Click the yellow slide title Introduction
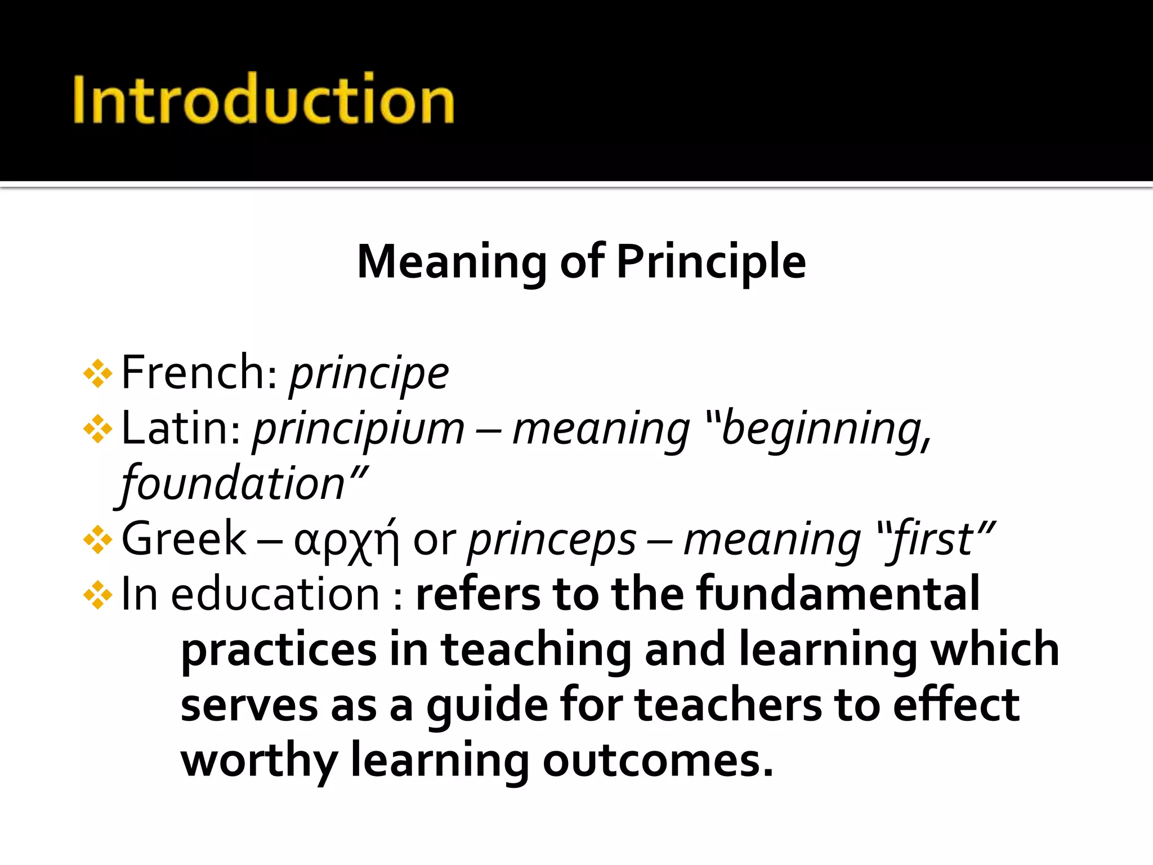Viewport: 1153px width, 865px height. (x=263, y=100)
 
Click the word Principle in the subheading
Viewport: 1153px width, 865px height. (x=711, y=262)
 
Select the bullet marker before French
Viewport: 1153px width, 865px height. (x=97, y=373)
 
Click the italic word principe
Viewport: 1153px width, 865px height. (x=369, y=373)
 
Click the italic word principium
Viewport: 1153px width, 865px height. (x=359, y=429)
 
